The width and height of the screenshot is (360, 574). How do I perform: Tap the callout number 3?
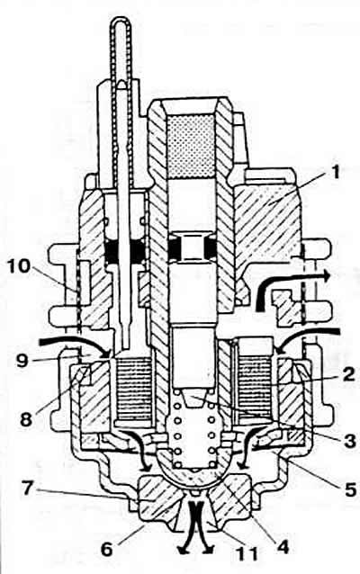[348, 440]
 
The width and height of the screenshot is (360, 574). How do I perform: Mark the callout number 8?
[26, 419]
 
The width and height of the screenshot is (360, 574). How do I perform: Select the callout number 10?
[19, 266]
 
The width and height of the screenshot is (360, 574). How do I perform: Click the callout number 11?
[248, 553]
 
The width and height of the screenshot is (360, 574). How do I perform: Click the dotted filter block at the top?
[191, 146]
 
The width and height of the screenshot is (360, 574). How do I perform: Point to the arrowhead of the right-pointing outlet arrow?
[325, 275]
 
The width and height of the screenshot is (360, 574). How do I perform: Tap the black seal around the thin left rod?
[124, 252]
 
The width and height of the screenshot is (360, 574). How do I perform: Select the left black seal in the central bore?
[175, 247]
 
